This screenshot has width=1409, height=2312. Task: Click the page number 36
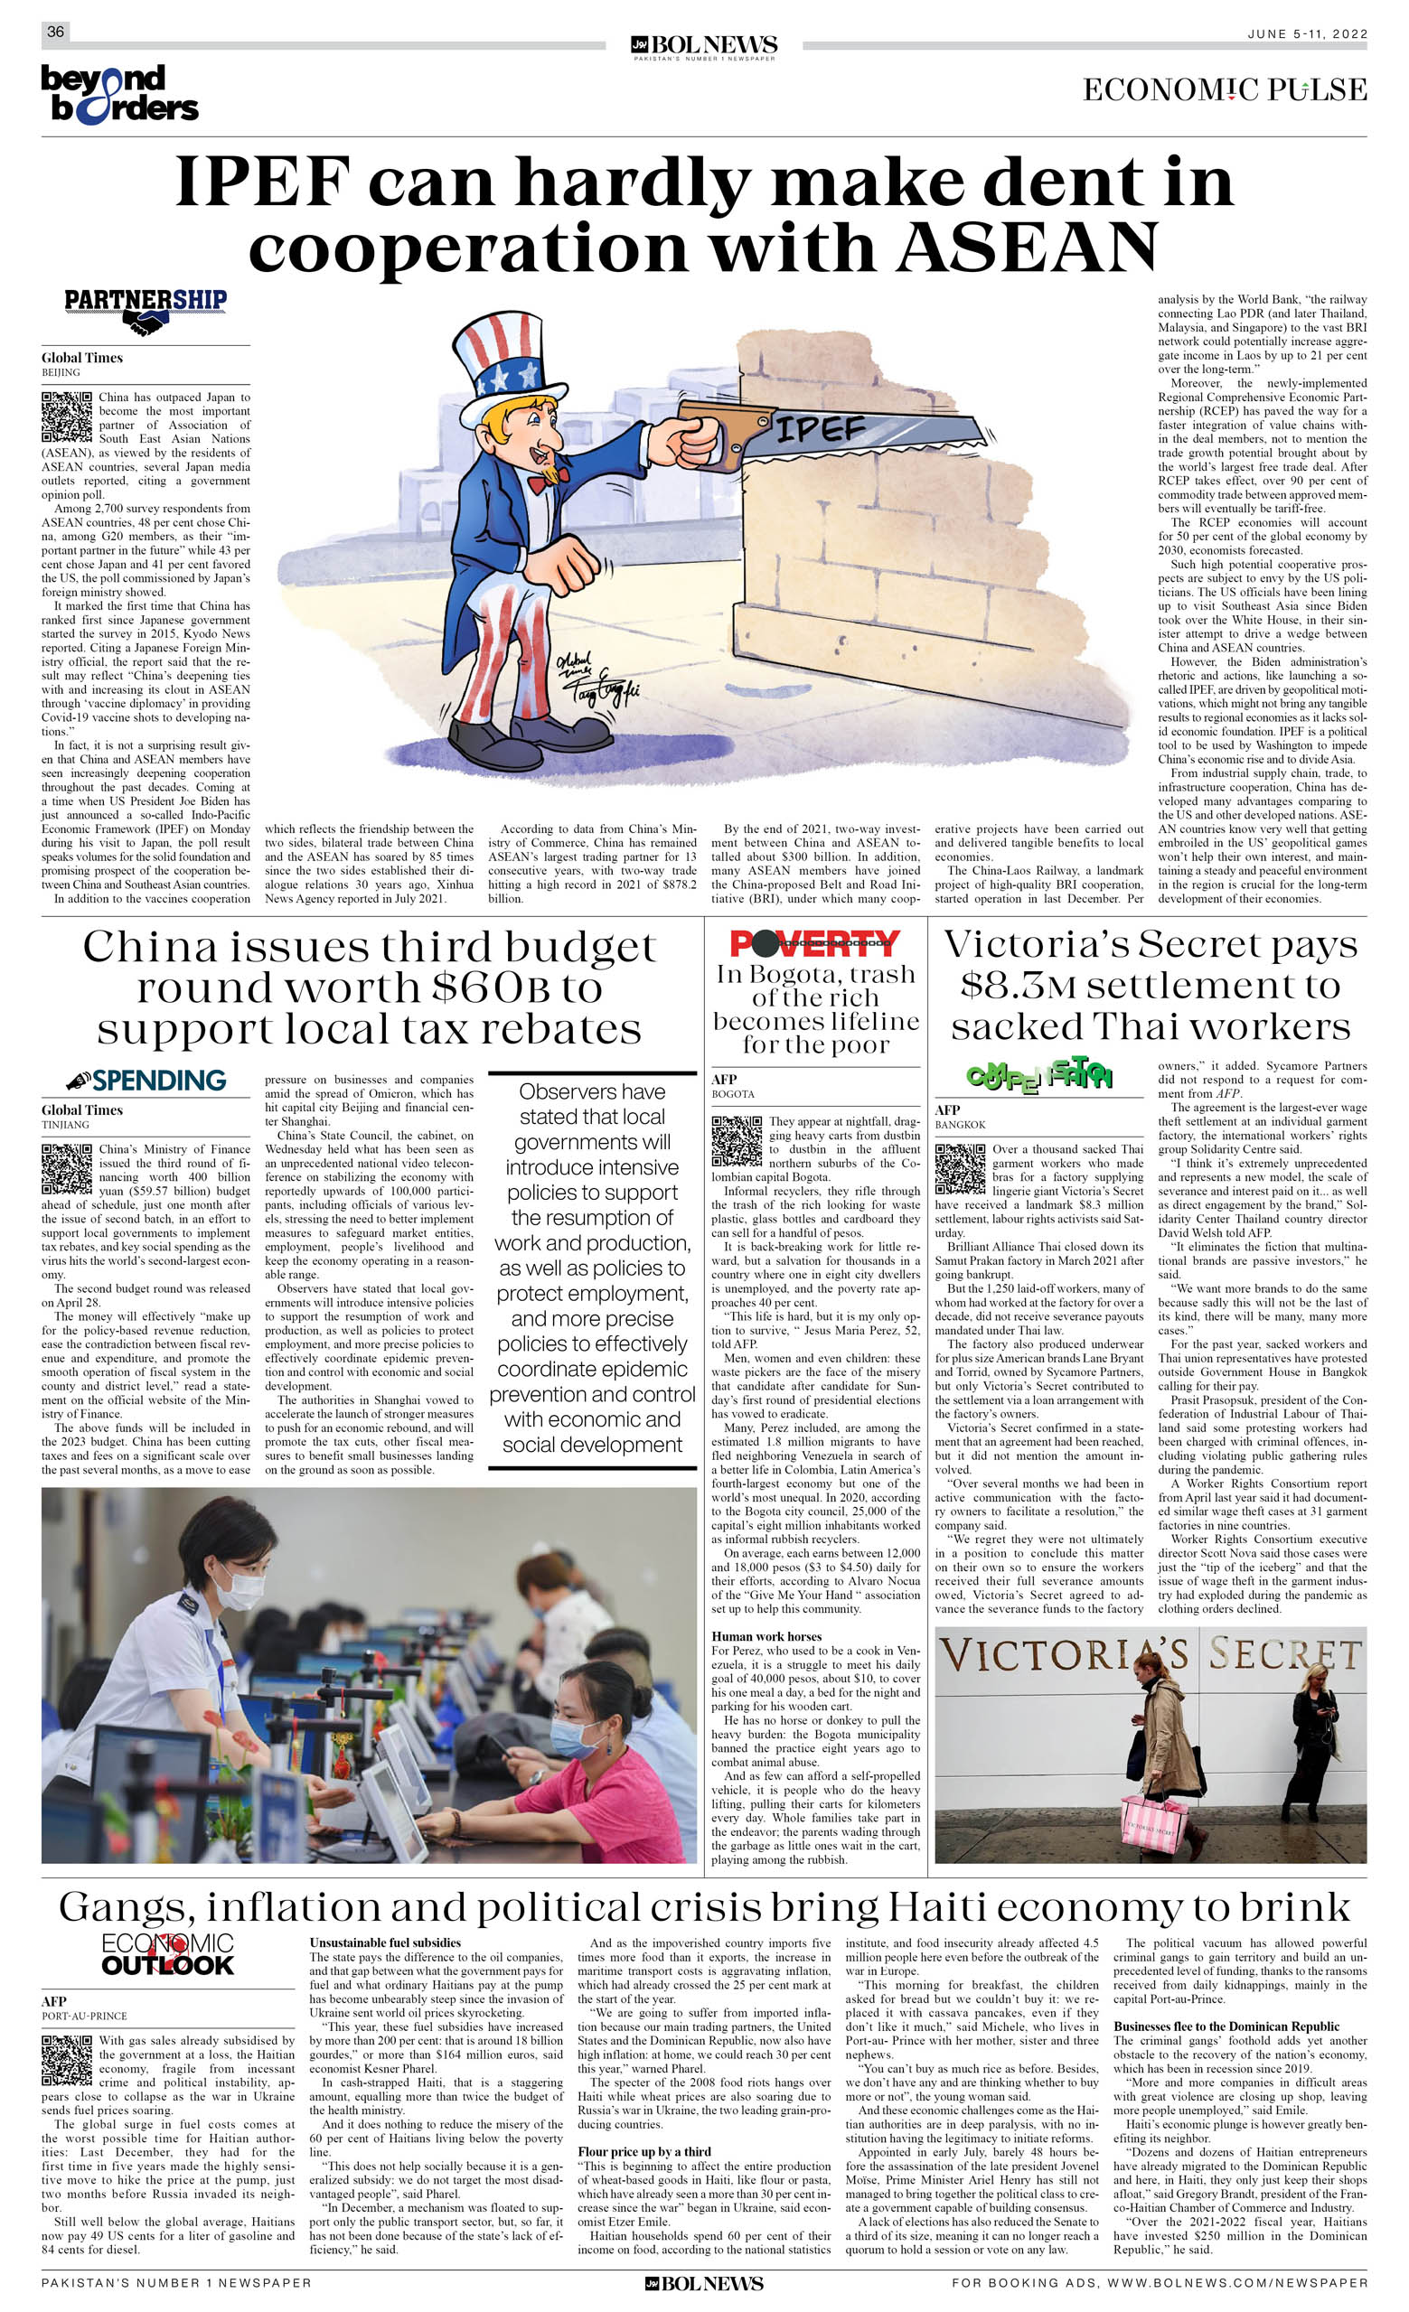(55, 32)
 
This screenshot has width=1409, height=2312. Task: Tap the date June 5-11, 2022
(1307, 33)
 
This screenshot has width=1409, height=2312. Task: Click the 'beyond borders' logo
(119, 94)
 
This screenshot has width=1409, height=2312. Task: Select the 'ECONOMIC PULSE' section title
(1224, 91)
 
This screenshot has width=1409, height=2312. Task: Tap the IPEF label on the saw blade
(819, 429)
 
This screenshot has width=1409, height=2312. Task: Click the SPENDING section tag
(146, 1080)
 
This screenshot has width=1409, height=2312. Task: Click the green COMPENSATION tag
(1039, 1076)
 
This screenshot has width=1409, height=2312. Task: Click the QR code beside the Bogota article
(736, 1141)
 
